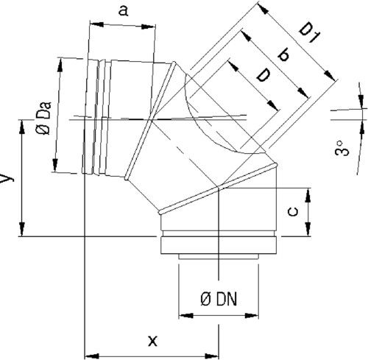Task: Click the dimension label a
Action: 123,11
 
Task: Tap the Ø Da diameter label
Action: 44,118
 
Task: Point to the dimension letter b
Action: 284,55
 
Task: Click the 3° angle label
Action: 342,148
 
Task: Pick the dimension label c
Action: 293,212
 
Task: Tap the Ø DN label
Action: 219,300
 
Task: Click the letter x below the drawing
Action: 152,341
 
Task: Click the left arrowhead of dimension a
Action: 97,24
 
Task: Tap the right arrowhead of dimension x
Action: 211,356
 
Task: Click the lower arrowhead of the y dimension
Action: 22,229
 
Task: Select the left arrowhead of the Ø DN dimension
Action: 185,316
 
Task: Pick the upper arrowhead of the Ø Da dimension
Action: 60,65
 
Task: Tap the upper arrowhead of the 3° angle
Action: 361,102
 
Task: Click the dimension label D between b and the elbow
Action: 263,75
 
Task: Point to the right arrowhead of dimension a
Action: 149,27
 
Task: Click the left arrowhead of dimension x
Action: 92,356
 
